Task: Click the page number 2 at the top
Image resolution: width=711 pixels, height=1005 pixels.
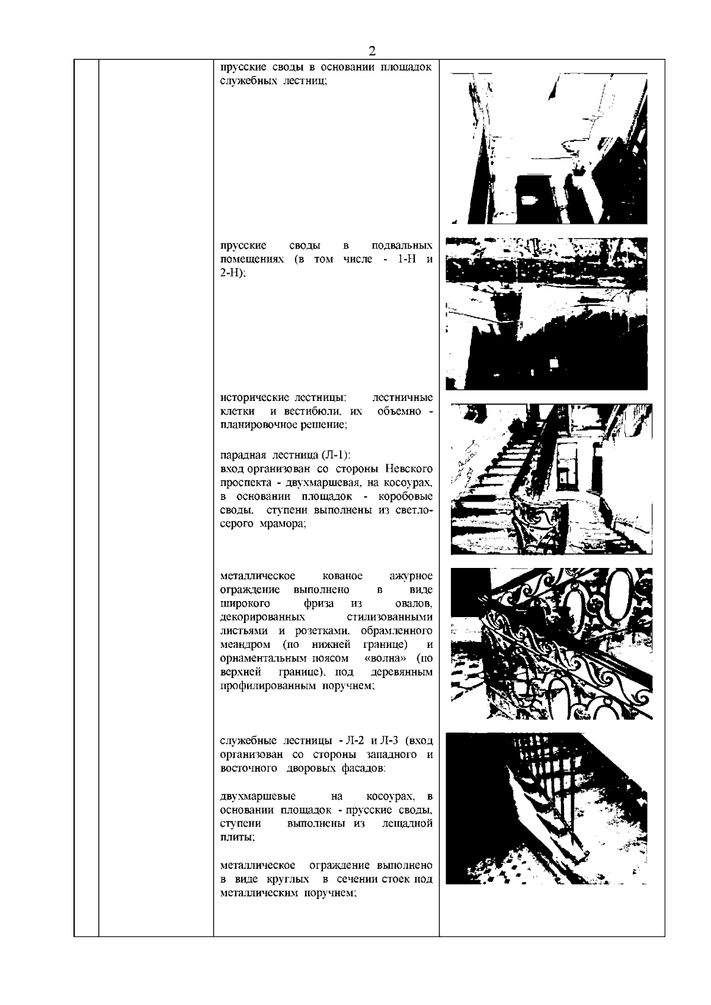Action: tap(372, 51)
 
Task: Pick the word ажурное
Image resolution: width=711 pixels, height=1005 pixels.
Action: tap(411, 576)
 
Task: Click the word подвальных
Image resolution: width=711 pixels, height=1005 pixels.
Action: tap(402, 245)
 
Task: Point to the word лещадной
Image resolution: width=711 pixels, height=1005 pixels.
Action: tap(408, 824)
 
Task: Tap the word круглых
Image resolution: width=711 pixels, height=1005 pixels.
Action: tap(288, 879)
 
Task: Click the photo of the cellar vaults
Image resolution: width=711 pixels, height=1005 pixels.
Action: tap(546, 314)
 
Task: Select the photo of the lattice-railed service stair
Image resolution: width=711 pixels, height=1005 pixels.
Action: tap(546, 808)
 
